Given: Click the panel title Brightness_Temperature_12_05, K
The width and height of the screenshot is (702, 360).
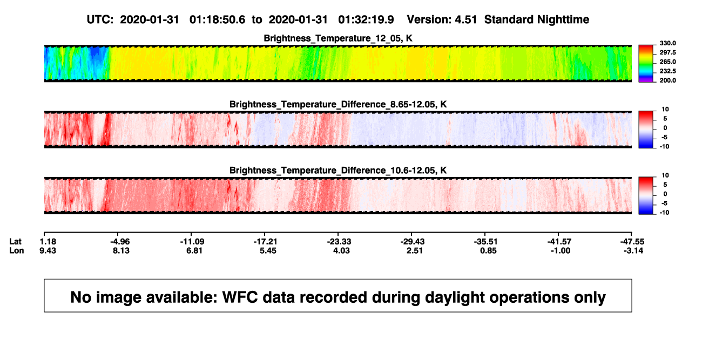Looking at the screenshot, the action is tap(338, 38).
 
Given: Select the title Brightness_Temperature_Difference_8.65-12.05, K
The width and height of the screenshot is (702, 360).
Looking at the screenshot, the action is tap(338, 104).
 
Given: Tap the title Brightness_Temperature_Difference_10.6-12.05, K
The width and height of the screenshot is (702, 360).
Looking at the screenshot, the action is tap(338, 171).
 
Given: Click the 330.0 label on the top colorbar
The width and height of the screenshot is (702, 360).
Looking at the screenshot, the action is tap(667, 43).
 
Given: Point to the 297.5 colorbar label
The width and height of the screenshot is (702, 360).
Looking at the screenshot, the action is tap(667, 52).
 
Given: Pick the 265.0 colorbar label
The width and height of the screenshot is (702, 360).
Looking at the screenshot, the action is tap(667, 62).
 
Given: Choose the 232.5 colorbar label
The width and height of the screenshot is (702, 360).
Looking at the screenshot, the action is tap(667, 71).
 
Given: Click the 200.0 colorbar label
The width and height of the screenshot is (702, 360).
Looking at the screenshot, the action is tap(667, 80).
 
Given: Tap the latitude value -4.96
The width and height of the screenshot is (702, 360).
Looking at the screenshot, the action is tap(120, 242).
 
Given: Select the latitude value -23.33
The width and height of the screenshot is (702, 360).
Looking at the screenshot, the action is tap(339, 242).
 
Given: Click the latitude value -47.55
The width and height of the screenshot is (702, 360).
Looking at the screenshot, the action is tap(632, 242).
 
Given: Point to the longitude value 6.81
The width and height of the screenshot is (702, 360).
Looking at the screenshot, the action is tap(194, 250).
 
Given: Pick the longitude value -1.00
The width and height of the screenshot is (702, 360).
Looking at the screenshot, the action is tap(561, 250).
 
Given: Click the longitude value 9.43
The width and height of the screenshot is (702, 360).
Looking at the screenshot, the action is tap(48, 250).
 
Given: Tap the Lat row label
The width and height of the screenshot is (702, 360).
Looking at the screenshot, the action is tap(15, 242).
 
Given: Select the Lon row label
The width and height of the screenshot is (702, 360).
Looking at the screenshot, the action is tap(16, 250).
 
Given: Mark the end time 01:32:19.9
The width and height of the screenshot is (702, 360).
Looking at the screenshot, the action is tap(366, 19).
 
